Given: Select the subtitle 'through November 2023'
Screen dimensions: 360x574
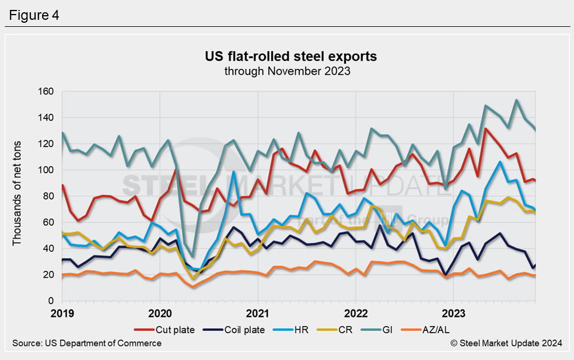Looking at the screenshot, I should point(288,71).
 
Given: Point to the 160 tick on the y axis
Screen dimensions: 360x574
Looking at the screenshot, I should point(45,92).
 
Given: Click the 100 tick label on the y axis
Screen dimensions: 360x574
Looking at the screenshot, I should point(45,170).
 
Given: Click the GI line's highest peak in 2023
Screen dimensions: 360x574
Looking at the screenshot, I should point(517,100).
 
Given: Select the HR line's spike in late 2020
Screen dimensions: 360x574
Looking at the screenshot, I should point(233,172).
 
